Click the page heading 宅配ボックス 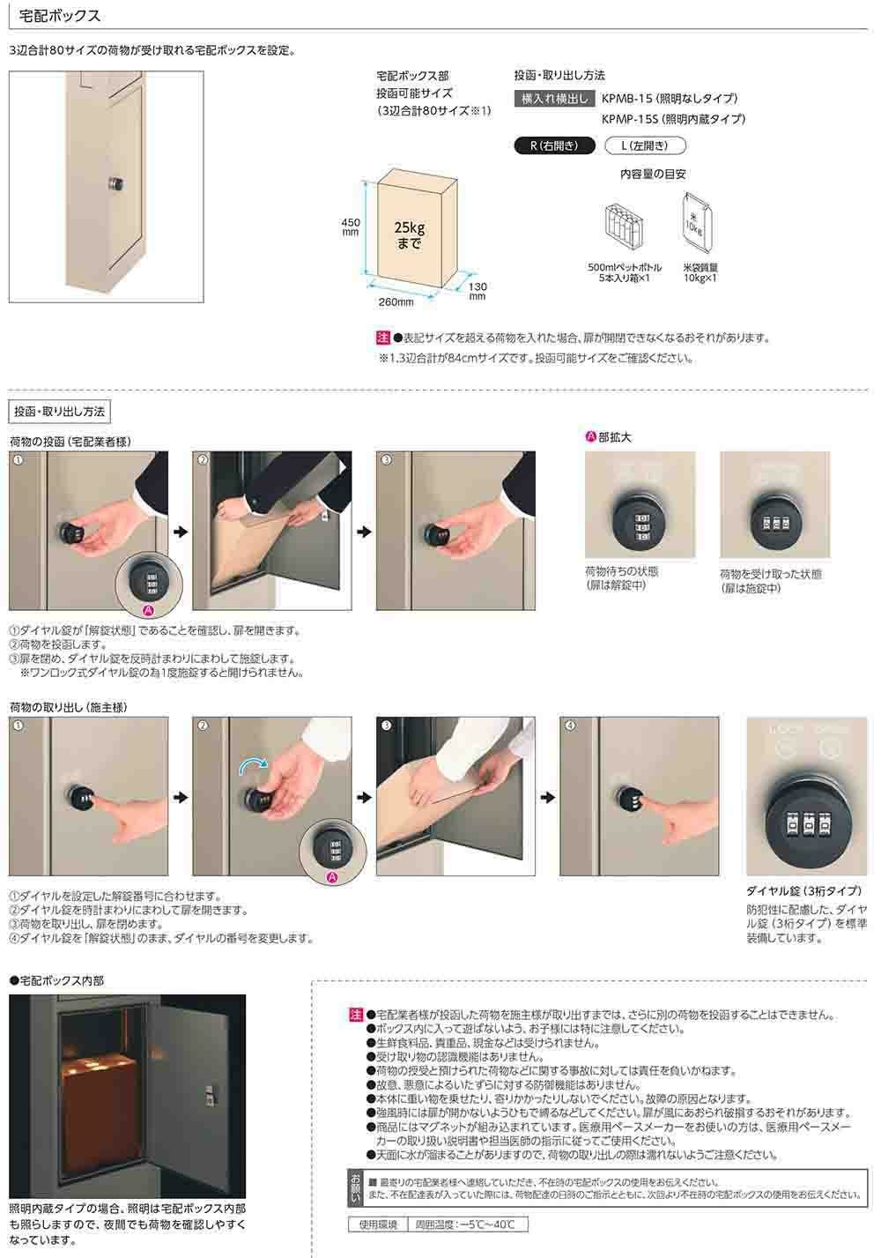(x=60, y=16)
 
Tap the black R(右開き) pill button (x=554, y=146)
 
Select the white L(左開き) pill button (x=645, y=146)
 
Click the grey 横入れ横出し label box (x=554, y=99)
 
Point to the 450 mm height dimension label (x=351, y=227)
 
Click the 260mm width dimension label (x=396, y=302)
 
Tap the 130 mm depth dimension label (x=478, y=291)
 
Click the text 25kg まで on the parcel (x=410, y=235)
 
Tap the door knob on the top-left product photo (x=116, y=183)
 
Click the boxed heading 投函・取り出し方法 (x=60, y=412)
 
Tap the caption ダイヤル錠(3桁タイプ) (x=803, y=890)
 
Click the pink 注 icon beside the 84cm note (x=382, y=338)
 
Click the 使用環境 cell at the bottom (x=378, y=1225)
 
